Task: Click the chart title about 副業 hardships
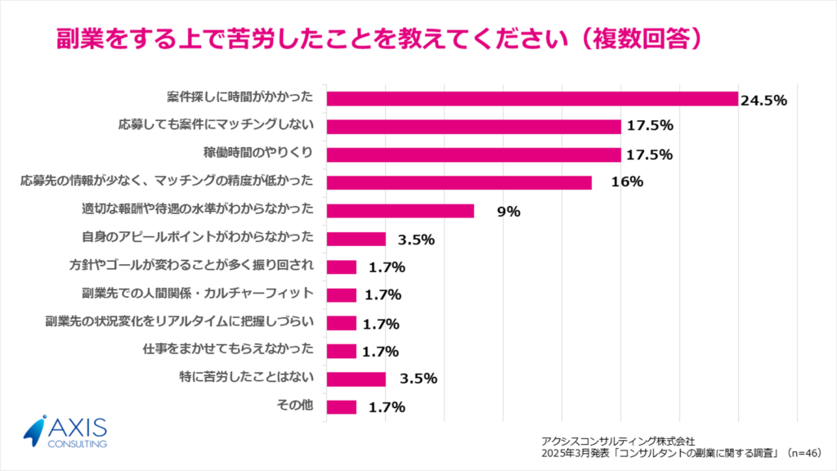[x=379, y=38]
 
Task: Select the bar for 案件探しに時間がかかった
[x=532, y=98]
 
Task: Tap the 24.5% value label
[x=763, y=101]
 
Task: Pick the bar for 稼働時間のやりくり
[x=473, y=155]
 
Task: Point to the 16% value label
[x=627, y=182]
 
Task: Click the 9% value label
[x=508, y=211]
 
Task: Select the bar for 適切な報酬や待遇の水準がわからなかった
[x=400, y=211]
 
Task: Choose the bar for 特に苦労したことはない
[x=356, y=379]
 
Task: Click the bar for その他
[x=341, y=406]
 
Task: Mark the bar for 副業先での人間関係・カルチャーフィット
[x=341, y=294]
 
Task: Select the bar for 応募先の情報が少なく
[x=459, y=182]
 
